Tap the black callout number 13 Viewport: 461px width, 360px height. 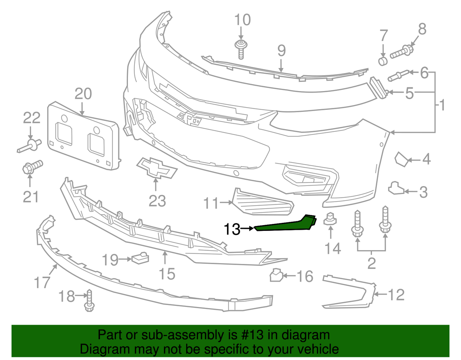click(x=232, y=229)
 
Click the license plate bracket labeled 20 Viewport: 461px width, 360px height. click(x=83, y=136)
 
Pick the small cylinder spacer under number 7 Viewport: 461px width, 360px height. click(x=383, y=61)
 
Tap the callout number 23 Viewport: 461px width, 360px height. click(x=157, y=201)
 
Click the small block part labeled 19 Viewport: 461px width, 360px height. click(x=140, y=258)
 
